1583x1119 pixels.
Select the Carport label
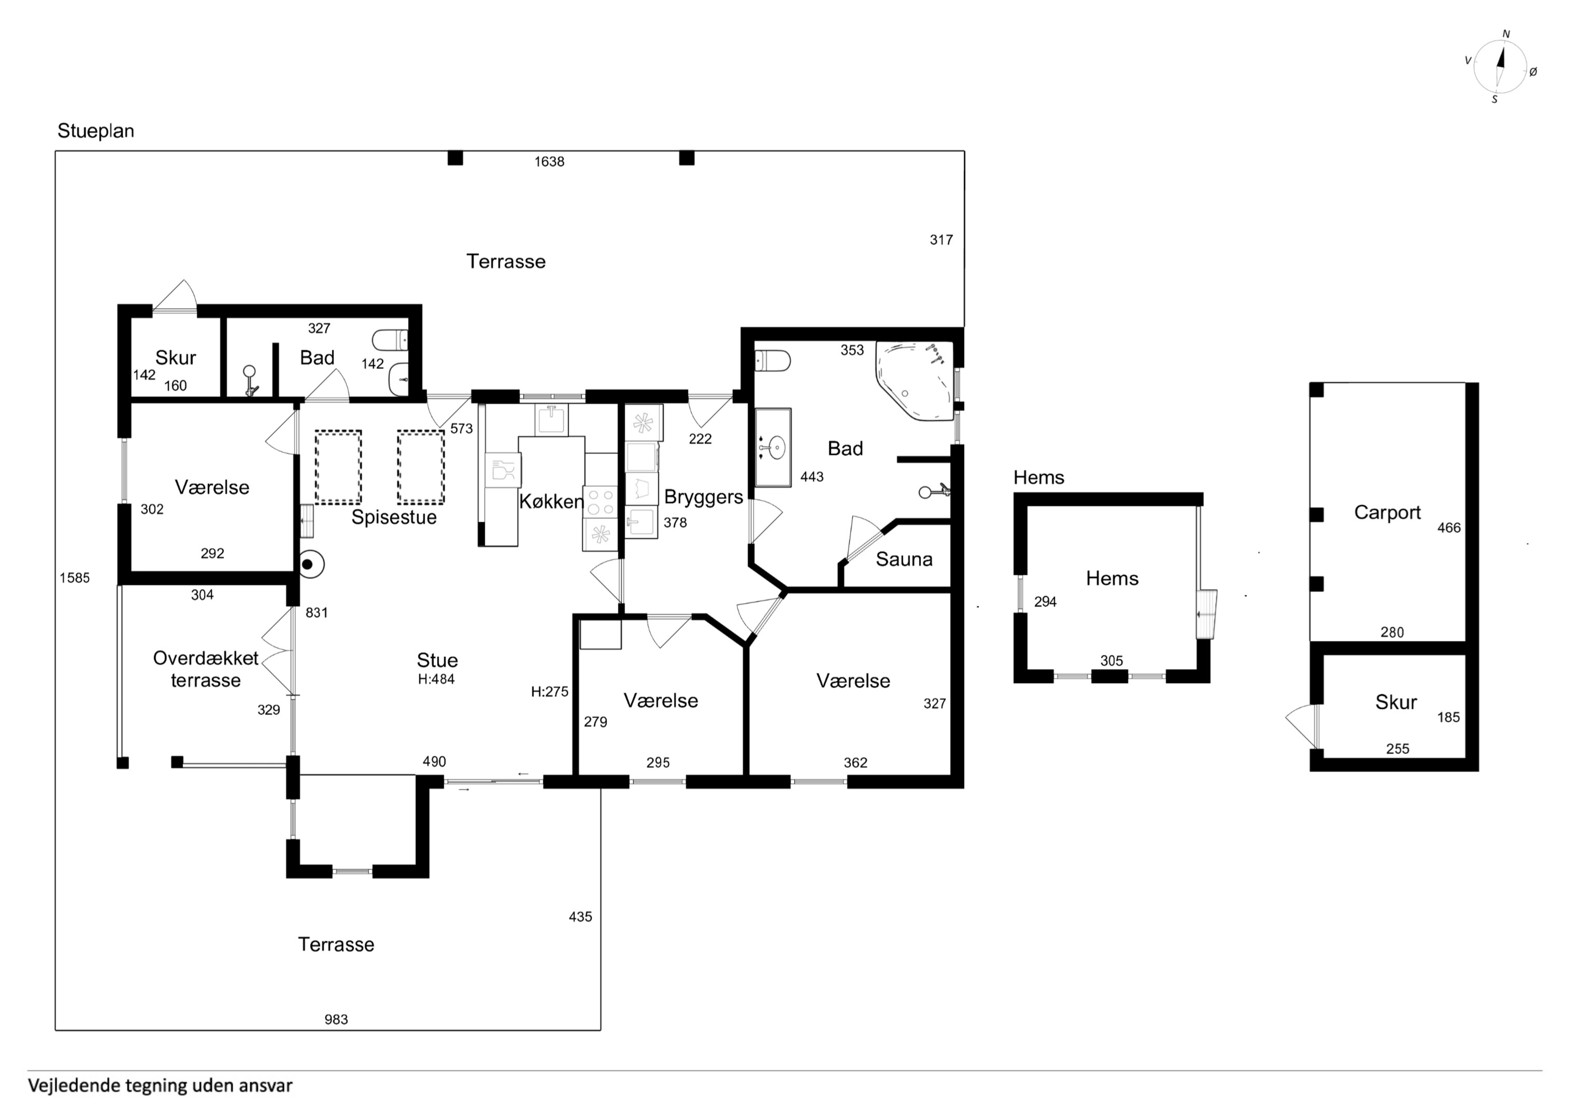(1387, 512)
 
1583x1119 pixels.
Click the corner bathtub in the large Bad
(914, 381)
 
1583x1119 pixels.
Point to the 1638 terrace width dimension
(549, 161)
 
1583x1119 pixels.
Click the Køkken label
(551, 501)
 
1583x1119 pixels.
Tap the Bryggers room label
(703, 498)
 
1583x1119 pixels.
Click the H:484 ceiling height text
(436, 679)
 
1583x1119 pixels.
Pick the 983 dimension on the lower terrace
(336, 1020)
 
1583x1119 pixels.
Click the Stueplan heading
(96, 131)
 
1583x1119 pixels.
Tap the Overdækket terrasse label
(206, 669)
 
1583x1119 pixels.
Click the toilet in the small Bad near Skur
(390, 340)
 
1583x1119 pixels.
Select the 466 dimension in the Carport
(1449, 528)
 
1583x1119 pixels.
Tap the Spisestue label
(394, 517)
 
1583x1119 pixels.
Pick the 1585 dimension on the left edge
(75, 578)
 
